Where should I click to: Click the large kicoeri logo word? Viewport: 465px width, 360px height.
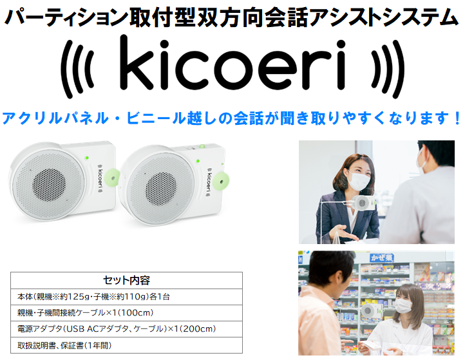tap(232, 63)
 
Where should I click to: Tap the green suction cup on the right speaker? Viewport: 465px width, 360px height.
tap(221, 180)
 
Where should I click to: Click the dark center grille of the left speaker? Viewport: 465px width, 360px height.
tap(49, 184)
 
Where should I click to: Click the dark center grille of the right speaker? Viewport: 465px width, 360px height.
tap(161, 189)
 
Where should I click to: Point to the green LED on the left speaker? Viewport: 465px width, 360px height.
tap(87, 158)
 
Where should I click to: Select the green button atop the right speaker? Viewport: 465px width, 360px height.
tap(202, 146)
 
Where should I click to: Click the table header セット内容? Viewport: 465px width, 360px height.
tap(126, 280)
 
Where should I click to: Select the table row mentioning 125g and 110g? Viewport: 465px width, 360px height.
tap(126, 297)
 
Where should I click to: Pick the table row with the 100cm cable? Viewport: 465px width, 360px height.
tap(126, 313)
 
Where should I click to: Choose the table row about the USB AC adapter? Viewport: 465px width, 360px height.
tap(126, 329)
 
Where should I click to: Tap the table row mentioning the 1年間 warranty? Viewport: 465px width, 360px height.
tap(126, 345)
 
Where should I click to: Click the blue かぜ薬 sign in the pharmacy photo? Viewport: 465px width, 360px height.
tap(382, 258)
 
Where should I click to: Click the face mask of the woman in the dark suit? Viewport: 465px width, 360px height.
tap(359, 180)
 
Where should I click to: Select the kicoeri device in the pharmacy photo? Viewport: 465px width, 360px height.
tap(369, 311)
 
